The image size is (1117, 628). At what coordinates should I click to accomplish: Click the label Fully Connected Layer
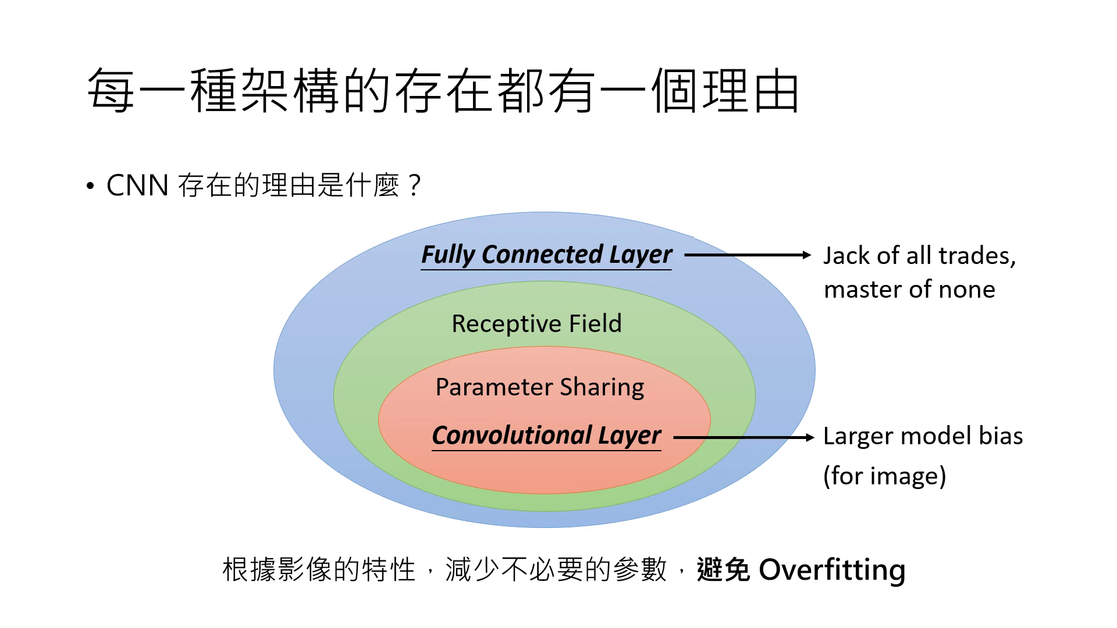pos(546,255)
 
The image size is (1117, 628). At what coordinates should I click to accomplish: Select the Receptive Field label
pos(536,323)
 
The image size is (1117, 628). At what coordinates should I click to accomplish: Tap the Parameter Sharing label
pos(540,387)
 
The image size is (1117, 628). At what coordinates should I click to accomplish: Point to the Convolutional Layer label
pos(546,436)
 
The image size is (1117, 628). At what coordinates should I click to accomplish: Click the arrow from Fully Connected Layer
pos(748,255)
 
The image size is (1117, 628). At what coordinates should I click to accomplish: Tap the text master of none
pos(909,290)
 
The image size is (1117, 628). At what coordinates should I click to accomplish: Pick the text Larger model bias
pos(923,436)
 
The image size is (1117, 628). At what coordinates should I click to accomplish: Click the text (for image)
pos(884,476)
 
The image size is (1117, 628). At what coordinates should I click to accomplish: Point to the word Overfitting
pos(832,569)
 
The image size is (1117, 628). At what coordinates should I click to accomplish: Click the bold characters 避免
pos(723,569)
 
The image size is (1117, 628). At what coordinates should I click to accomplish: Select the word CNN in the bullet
pos(137,186)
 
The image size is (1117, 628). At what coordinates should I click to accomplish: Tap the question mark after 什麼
pos(414,186)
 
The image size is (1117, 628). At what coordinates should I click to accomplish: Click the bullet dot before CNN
pos(90,187)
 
